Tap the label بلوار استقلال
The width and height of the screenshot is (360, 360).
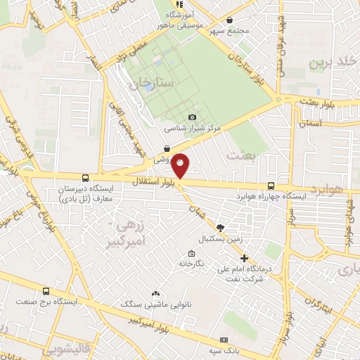click(x=155, y=181)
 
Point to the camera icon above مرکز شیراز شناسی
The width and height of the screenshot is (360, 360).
click(x=193, y=117)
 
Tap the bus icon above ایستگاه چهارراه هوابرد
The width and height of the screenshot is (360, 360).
click(x=271, y=186)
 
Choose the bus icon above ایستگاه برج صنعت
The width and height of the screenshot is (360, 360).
click(x=46, y=291)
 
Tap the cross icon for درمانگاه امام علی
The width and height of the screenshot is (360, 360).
click(x=244, y=259)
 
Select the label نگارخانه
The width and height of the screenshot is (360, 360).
click(x=191, y=264)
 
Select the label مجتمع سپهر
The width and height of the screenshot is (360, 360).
click(x=232, y=31)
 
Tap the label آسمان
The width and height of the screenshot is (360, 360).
click(x=310, y=123)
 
